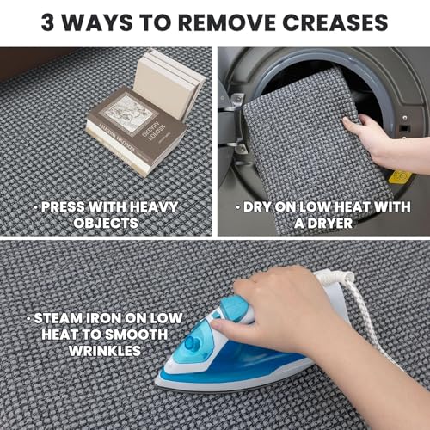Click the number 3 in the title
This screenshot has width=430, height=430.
[47, 22]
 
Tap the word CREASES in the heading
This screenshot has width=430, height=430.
[335, 22]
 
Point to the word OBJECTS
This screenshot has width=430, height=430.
[106, 223]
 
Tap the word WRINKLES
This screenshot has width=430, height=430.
[105, 351]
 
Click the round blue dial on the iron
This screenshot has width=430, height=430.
[191, 342]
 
